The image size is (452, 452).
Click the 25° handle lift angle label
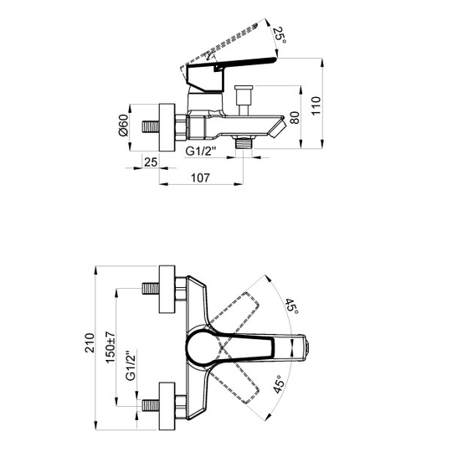coord(280,35)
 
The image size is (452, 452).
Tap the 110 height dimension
coord(316,105)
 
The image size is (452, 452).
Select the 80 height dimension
coord(295,117)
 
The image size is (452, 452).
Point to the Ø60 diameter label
coord(123,126)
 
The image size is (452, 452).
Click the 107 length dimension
coord(201,177)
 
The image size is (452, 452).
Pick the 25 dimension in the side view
coord(151,162)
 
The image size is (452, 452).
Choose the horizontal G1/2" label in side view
coord(201,151)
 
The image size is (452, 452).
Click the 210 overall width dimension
coord(90,342)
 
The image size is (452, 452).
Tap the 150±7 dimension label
coord(110,347)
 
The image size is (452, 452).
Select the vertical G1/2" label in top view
coord(131,366)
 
